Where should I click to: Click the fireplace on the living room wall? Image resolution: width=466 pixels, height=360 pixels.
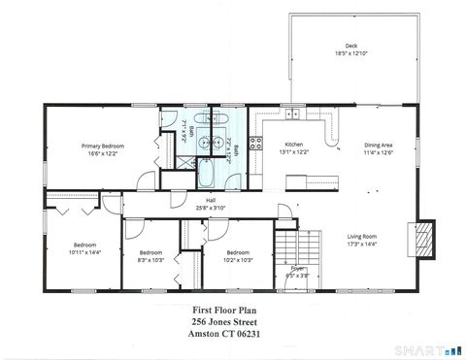[x=421, y=238]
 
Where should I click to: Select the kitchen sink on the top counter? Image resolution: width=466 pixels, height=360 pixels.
[x=292, y=115]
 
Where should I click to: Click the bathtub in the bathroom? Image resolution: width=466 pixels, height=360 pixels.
[x=210, y=176]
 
